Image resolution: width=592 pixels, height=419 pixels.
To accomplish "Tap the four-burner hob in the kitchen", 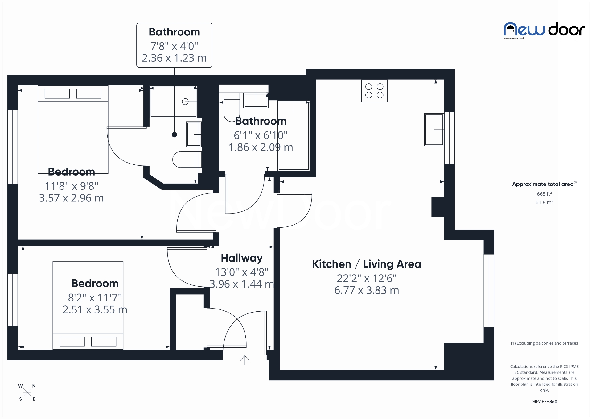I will (x=374, y=91).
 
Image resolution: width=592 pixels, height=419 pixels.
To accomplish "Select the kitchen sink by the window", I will (x=434, y=129).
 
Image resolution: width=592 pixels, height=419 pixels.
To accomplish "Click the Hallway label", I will (x=242, y=258).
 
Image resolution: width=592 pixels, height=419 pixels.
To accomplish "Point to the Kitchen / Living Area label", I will (x=366, y=264).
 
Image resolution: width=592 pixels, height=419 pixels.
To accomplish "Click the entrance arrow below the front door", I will (x=245, y=360).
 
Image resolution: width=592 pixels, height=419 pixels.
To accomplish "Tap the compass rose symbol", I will (x=27, y=392).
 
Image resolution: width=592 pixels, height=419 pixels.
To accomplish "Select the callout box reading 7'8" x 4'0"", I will (x=174, y=45).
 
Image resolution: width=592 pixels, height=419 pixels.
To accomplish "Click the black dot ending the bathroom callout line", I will (x=174, y=135).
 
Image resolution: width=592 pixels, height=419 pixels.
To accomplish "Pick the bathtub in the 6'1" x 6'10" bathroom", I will (x=294, y=136).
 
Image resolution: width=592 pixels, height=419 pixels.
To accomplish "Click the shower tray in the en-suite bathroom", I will (x=173, y=102).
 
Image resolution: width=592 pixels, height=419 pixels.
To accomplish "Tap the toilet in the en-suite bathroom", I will (x=185, y=160).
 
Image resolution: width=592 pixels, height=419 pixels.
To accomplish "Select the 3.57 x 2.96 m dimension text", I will (x=71, y=198).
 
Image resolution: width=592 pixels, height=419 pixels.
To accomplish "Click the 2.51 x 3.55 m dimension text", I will (x=95, y=310).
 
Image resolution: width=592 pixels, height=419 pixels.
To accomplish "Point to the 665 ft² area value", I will (x=544, y=194).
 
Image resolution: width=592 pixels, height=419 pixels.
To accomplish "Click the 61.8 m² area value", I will (x=544, y=202).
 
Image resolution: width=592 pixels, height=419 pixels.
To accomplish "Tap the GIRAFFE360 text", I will (x=544, y=402).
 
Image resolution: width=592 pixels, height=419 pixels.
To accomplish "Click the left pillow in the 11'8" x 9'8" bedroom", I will (x=57, y=93).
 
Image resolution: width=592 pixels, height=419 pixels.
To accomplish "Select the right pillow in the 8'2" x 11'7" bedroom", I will (x=104, y=342).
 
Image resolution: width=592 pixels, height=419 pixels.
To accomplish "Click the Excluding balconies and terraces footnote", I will (x=544, y=343).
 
